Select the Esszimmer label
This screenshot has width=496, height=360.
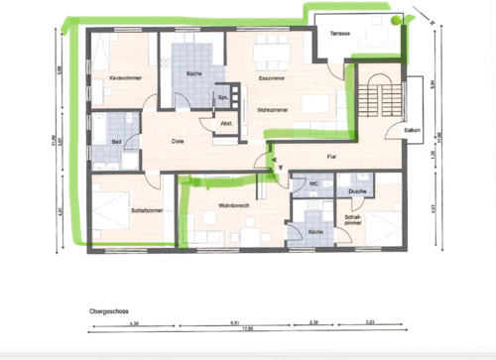pos(272,77)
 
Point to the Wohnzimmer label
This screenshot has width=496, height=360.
pos(272,109)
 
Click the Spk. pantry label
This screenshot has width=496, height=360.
pos(223,97)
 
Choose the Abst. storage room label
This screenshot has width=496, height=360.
pos(226,123)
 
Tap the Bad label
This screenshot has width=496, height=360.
pos(116,143)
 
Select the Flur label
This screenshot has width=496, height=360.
pos(333,157)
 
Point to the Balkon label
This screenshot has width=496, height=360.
pos(412,131)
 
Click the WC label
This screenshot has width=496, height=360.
pos(313,183)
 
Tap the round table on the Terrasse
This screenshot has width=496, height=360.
pos(397,19)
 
